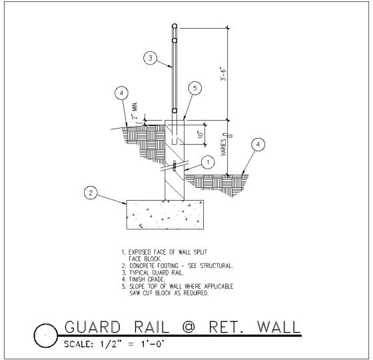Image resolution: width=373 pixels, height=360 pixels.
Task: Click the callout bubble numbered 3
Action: coord(151,58)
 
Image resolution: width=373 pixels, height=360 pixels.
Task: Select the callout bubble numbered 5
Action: coord(194,88)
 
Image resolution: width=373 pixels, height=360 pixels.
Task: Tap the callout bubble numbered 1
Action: coord(208,163)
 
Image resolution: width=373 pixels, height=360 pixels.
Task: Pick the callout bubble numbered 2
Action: coord(91,193)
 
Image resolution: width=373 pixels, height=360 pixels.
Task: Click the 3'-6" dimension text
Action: coord(224,74)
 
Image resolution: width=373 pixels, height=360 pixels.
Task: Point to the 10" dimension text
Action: coord(201,134)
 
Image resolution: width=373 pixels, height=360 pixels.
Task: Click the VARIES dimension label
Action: coord(224,147)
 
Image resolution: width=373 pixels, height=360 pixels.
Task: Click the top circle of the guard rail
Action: coord(175,26)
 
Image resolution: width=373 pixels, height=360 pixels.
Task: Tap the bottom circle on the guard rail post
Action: coord(175,111)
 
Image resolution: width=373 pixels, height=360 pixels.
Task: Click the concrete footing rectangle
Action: coord(165,215)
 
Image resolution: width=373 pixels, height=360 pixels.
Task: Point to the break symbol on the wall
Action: coord(175,165)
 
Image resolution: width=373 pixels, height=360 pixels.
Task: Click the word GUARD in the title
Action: coord(93,327)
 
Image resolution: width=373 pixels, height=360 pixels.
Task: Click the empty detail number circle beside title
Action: coord(46,335)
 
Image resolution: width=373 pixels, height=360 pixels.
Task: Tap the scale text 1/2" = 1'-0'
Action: coord(131,344)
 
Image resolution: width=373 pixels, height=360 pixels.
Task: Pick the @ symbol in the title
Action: coord(188,327)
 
